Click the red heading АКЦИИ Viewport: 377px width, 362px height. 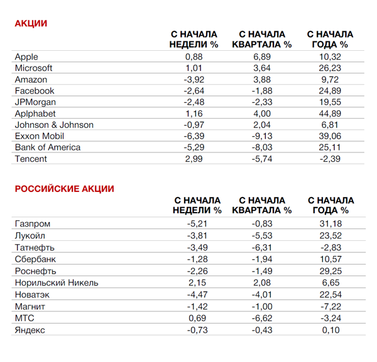[31, 24]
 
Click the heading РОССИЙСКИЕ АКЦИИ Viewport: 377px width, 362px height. [64, 189]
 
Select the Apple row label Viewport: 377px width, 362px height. [26, 56]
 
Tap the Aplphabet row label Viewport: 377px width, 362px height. [35, 114]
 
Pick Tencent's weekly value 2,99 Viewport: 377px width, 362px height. [194, 159]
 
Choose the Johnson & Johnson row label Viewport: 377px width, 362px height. [54, 125]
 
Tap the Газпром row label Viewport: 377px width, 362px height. [32, 223]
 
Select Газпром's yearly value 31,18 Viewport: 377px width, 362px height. [331, 223]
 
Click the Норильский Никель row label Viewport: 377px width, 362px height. [56, 282]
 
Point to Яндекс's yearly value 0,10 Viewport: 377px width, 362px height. [331, 330]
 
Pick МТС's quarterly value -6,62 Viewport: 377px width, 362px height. [261, 318]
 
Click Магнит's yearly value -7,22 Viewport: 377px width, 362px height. [331, 306]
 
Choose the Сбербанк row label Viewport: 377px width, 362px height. [35, 259]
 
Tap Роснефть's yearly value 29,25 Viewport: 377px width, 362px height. [331, 271]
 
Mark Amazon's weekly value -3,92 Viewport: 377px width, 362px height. [194, 80]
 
